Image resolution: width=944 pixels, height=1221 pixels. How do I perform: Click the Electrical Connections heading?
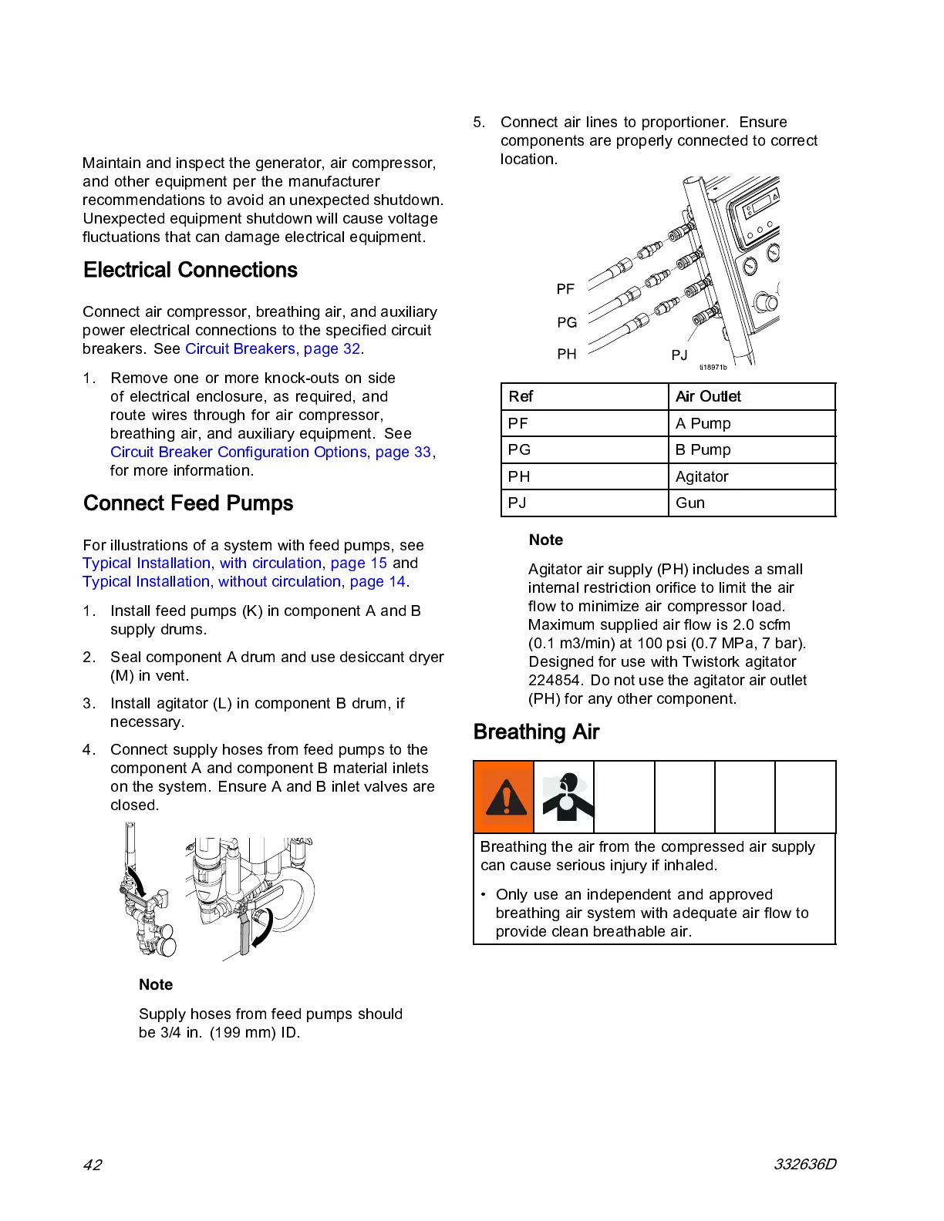pyautogui.click(x=190, y=270)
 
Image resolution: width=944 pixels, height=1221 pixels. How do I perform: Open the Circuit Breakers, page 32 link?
pyautogui.click(x=272, y=348)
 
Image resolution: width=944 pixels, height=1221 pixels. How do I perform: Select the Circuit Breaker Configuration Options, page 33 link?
pyautogui.click(x=271, y=452)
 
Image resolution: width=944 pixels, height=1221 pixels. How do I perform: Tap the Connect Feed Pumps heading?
pyautogui.click(x=188, y=503)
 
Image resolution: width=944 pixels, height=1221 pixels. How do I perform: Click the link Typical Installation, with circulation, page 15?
pyautogui.click(x=234, y=563)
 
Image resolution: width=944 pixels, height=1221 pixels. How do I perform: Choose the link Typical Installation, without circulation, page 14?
pyautogui.click(x=244, y=581)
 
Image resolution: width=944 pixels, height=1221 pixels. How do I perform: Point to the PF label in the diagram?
pyautogui.click(x=565, y=289)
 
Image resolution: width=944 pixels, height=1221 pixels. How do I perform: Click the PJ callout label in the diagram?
pyautogui.click(x=679, y=355)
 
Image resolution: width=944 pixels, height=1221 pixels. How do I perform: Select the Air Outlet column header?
pyautogui.click(x=708, y=396)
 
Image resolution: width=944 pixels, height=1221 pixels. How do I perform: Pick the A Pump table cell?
pyautogui.click(x=703, y=423)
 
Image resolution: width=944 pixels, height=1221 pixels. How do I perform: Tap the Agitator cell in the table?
pyautogui.click(x=702, y=476)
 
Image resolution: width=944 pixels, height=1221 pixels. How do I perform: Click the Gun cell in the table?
pyautogui.click(x=690, y=503)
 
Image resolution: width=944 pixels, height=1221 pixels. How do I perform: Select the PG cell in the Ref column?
pyautogui.click(x=519, y=449)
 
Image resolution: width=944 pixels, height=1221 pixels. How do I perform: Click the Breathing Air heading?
pyautogui.click(x=536, y=732)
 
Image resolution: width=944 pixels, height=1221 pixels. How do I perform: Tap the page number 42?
pyautogui.click(x=92, y=1164)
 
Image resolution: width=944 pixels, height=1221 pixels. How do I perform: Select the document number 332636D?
pyautogui.click(x=804, y=1164)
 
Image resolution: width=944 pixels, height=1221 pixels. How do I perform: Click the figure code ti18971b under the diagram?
pyautogui.click(x=713, y=368)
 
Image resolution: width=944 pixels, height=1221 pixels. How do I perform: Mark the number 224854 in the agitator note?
pyautogui.click(x=554, y=680)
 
